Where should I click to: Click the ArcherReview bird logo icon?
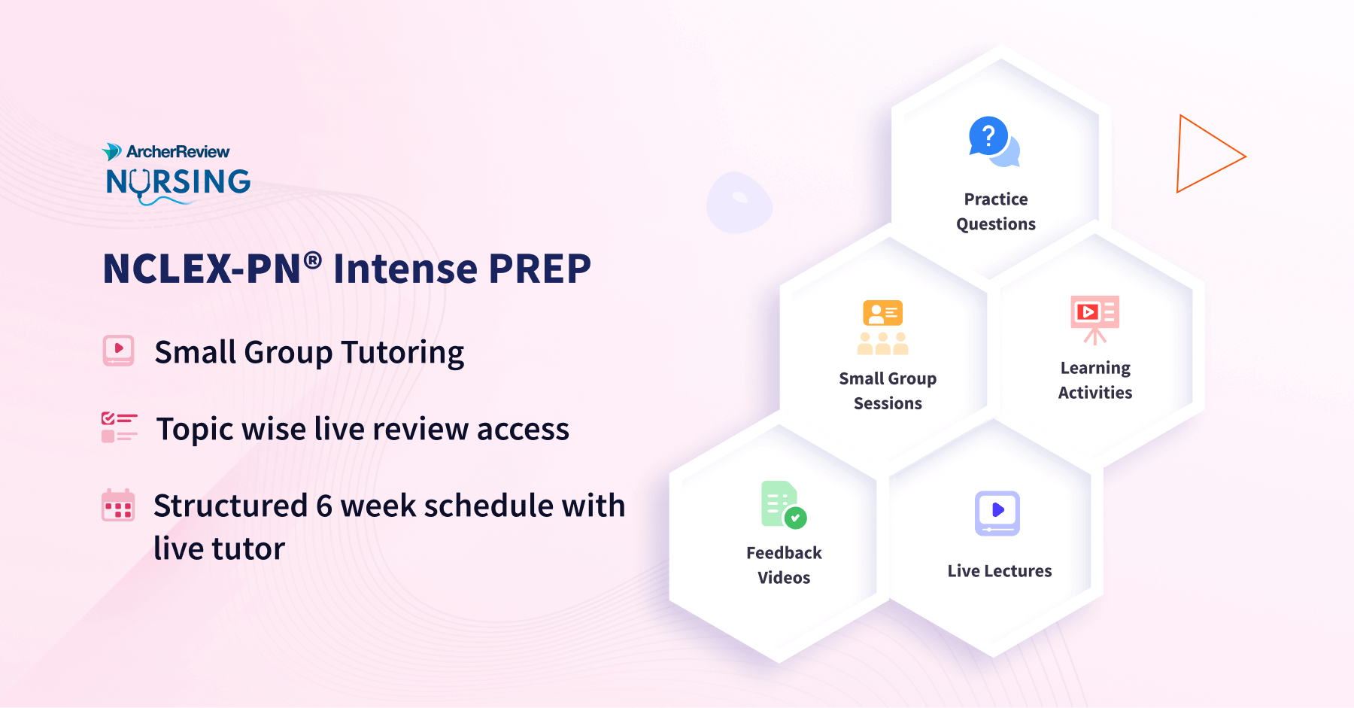pos(112,151)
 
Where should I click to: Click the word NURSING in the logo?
pos(178,181)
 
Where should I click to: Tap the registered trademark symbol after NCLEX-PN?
pos(313,260)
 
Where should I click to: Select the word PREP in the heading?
pos(539,269)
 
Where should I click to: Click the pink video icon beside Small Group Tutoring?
pos(118,351)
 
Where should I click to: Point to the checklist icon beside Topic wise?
pos(119,427)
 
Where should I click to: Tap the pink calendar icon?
pos(118,505)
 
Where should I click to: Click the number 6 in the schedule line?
pos(324,506)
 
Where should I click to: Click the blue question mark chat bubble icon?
pos(992,141)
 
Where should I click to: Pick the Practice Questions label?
pos(996,211)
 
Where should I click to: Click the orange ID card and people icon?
pos(883,327)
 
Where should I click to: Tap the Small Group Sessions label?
pos(888,390)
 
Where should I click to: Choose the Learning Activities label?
pos(1095,380)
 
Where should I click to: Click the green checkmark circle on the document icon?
pos(795,518)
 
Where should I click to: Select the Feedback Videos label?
pos(784,565)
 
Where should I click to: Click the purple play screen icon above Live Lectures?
pos(997,513)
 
